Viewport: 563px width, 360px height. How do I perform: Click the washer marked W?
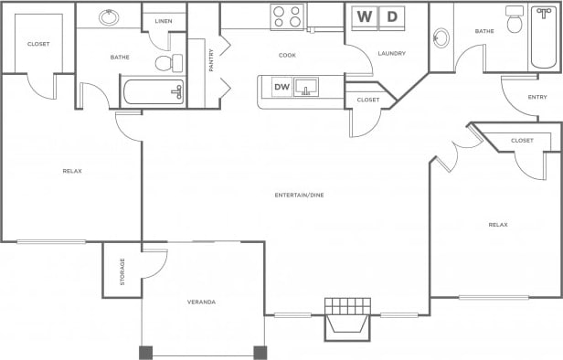tap(365, 16)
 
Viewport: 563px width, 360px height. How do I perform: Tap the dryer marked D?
tap(392, 16)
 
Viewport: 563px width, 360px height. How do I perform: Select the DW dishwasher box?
tap(281, 87)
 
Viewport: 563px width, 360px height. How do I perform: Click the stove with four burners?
tap(287, 16)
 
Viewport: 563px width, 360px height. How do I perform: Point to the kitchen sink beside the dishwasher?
tap(306, 88)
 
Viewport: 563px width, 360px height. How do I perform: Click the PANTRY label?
tap(211, 60)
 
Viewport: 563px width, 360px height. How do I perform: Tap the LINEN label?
tap(164, 21)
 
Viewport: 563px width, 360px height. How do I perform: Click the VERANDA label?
tap(201, 302)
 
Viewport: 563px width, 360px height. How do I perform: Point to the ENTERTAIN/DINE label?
tap(299, 195)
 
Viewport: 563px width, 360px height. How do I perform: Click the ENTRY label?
tap(537, 97)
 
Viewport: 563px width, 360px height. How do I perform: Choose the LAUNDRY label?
tap(391, 53)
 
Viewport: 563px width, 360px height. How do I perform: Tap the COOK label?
tap(287, 55)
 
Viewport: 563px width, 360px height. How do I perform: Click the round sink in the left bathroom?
tap(109, 17)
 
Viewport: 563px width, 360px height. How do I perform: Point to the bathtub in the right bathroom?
tap(547, 37)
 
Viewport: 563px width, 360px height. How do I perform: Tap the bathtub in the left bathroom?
tap(154, 90)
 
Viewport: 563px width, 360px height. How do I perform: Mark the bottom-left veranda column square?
tap(144, 352)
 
